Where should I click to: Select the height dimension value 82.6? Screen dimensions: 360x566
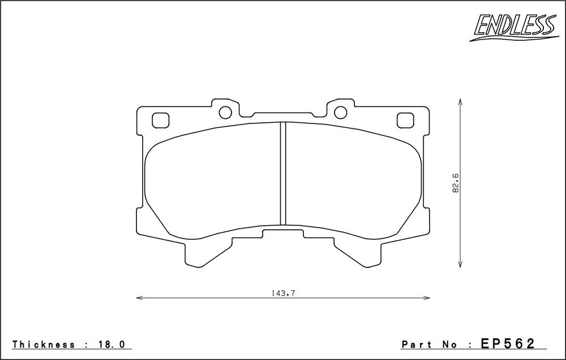tap(455, 183)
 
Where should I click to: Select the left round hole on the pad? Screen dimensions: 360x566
tap(225, 112)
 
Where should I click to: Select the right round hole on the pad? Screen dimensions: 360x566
tap(341, 112)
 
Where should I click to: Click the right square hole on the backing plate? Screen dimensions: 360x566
tap(405, 120)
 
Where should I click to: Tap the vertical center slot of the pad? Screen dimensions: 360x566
tap(284, 174)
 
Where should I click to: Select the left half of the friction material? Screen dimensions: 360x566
tap(212, 181)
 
